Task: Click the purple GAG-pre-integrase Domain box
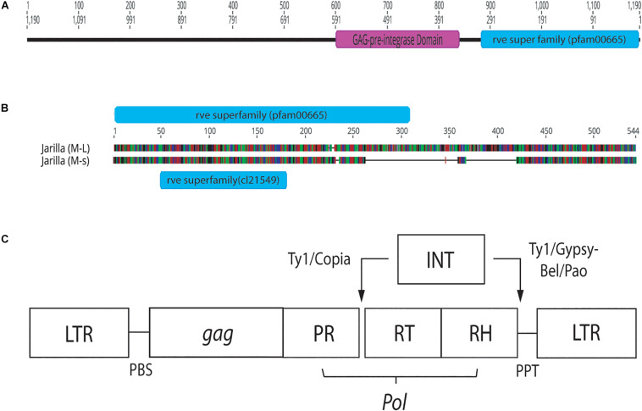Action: point(397,39)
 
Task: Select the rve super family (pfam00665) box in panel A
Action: point(560,39)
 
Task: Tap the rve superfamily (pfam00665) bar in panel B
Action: point(262,114)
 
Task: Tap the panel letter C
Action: point(8,239)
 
